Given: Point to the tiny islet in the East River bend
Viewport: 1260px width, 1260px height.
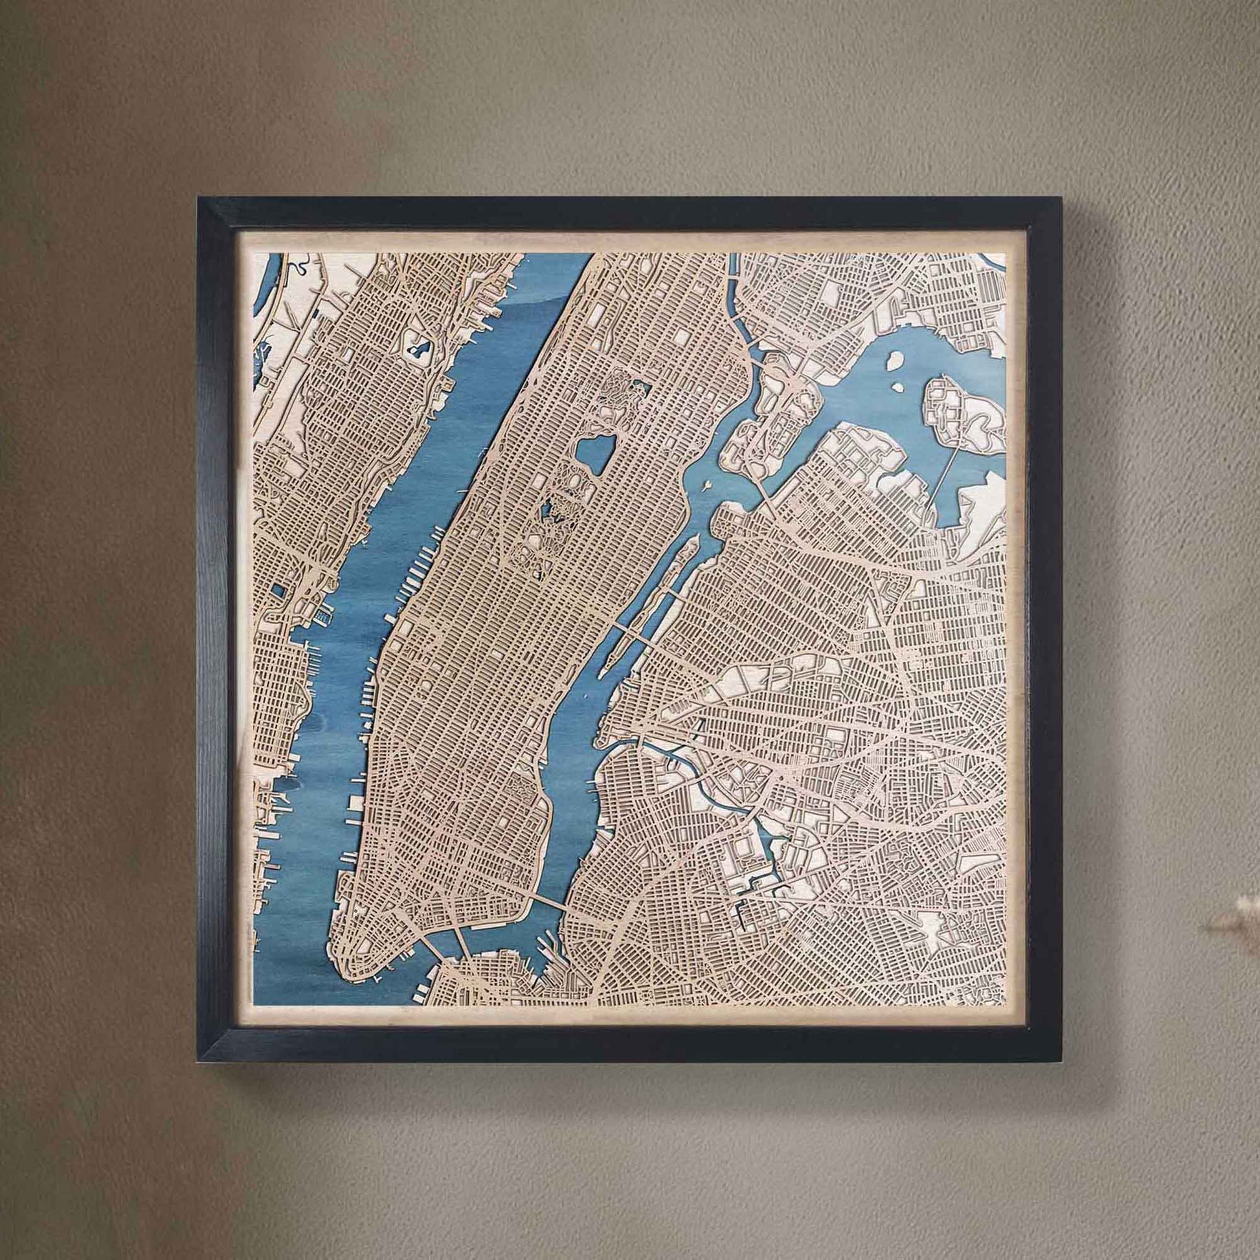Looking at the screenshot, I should (704, 484).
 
